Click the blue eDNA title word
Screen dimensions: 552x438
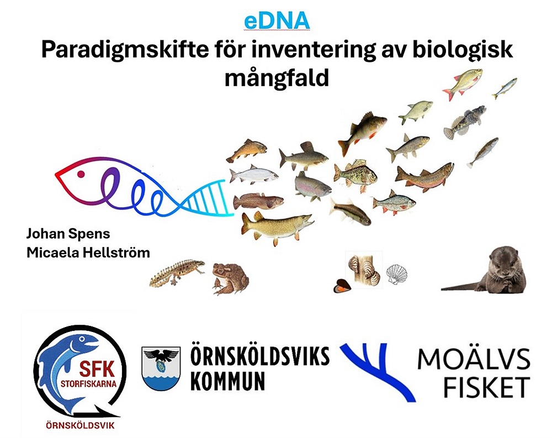[277, 21]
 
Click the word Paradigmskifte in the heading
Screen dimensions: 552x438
[125, 50]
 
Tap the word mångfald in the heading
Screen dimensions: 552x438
[277, 78]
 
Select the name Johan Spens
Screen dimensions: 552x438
[68, 234]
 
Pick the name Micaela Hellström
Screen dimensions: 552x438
[88, 252]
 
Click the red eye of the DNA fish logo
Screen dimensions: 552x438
[81, 174]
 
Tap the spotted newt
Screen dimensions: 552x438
[177, 273]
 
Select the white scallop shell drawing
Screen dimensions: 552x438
[397, 275]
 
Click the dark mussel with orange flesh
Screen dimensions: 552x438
[342, 286]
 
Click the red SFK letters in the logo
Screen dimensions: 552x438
[97, 369]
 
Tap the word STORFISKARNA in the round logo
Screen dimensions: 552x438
[88, 384]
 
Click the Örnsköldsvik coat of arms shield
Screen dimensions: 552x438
[161, 368]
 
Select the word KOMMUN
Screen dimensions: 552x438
[227, 381]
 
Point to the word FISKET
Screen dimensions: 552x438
[486, 387]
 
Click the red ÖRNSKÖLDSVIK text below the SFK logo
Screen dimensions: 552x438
[80, 425]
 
